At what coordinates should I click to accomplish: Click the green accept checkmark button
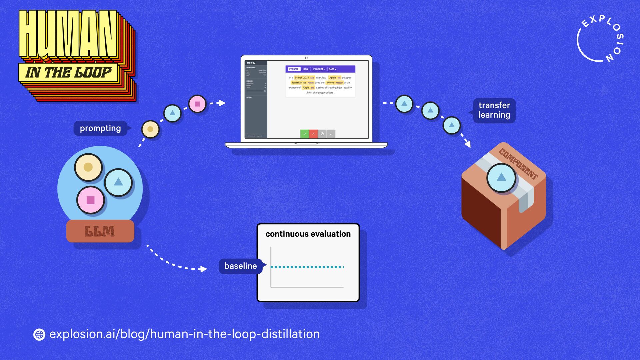304,134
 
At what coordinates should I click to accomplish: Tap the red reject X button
313,134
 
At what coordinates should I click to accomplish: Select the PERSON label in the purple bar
294,69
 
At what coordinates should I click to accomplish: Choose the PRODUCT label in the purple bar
319,69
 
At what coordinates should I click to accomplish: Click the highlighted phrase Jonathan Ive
299,83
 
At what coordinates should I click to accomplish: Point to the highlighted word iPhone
330,83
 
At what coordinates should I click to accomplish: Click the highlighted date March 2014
302,78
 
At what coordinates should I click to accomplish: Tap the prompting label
100,128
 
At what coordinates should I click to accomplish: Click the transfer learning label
494,110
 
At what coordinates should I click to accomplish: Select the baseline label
240,266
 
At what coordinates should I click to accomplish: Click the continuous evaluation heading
308,234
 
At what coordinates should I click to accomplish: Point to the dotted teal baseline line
307,267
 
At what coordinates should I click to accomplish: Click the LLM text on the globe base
100,231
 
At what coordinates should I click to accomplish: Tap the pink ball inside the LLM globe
91,200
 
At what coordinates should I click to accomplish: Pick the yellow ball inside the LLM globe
88,167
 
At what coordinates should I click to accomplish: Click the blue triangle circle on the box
501,178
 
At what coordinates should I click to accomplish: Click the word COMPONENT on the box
518,164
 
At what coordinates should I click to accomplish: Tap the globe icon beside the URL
39,334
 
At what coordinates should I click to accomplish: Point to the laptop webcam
306,58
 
